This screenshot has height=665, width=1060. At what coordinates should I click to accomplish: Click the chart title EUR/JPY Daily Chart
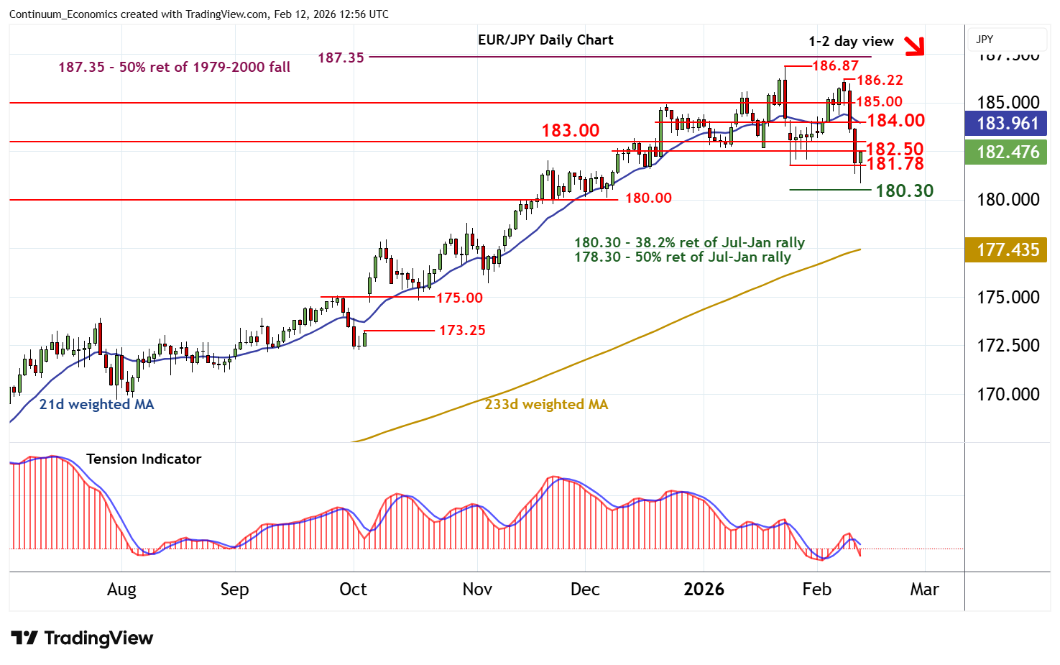tap(545, 40)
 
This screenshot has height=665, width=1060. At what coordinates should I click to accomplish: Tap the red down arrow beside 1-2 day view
tap(914, 46)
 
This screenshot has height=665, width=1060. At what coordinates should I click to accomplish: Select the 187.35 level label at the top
tap(341, 58)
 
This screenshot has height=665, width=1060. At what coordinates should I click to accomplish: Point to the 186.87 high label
tap(835, 65)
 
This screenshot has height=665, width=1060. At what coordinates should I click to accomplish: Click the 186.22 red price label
tap(880, 80)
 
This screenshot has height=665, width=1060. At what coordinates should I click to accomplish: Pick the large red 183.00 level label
tap(570, 131)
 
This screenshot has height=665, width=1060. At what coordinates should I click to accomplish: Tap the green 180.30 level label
tap(904, 191)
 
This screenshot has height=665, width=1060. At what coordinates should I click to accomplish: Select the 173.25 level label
tap(462, 330)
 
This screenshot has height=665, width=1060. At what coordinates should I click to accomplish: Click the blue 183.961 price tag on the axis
tap(1008, 123)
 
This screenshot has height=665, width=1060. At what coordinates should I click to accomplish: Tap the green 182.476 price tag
tap(1008, 152)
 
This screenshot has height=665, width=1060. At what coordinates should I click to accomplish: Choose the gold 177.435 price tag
tap(1008, 249)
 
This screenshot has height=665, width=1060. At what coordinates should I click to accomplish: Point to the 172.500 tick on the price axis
tap(1008, 345)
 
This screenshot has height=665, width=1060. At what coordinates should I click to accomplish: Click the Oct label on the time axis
tap(353, 590)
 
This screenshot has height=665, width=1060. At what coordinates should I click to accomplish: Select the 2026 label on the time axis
tap(704, 590)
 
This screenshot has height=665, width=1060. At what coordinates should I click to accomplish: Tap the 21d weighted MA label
tap(96, 404)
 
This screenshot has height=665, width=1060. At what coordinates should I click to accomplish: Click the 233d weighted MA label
tap(546, 404)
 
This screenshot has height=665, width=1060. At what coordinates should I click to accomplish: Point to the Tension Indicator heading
tap(144, 459)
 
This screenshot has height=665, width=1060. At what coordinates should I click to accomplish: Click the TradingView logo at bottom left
tap(82, 638)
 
